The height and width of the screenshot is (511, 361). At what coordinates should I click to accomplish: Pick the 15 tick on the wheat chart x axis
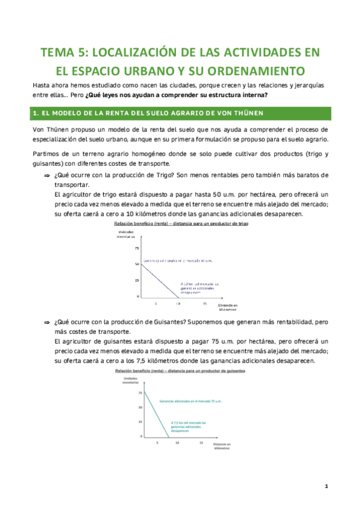[204, 303]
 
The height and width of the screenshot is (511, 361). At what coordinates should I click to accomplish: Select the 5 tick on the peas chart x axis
[157, 443]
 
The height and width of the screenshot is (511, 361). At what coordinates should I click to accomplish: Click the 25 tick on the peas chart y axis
[141, 422]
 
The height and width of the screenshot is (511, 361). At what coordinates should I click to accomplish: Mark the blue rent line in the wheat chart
[160, 280]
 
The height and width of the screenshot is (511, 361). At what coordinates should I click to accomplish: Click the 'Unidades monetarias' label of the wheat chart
[126, 235]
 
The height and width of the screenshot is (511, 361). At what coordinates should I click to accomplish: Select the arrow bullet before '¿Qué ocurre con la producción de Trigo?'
[46, 175]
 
